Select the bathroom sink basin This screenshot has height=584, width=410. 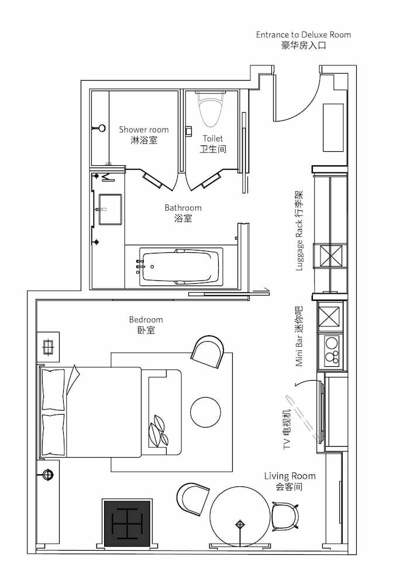(x=110, y=209)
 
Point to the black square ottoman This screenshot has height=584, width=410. (x=127, y=524)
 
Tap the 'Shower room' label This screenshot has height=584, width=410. (x=144, y=130)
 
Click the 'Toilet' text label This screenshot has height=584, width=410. (x=213, y=138)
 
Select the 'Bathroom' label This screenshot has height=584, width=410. (x=183, y=207)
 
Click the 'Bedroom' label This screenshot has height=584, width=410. (x=146, y=319)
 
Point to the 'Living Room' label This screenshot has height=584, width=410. (x=290, y=476)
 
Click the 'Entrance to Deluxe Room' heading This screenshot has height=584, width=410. (x=304, y=34)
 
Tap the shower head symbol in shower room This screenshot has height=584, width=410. (x=99, y=128)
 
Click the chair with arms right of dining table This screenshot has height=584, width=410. (x=285, y=517)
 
